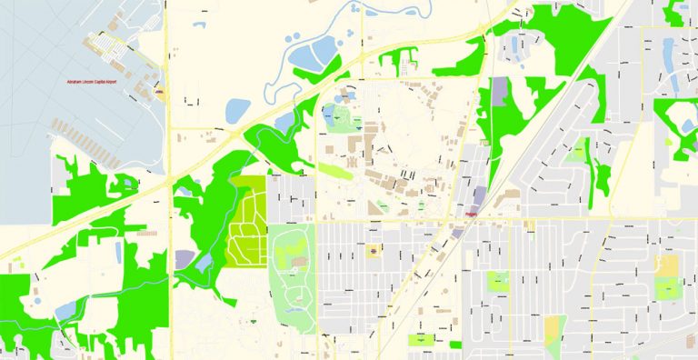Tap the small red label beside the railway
point(472,215)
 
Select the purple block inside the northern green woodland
point(501,90)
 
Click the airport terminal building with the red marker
point(158,92)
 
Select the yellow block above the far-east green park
point(667,265)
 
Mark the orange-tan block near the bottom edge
point(553,328)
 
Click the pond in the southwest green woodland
point(65,311)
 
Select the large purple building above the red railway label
point(479,195)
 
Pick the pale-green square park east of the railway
point(498,281)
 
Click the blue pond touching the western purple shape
point(203,264)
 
